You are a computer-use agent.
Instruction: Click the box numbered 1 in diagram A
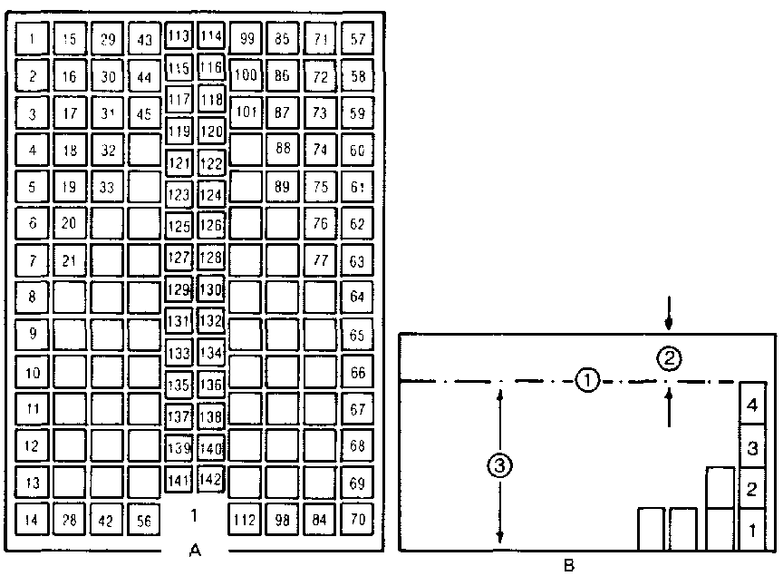pos(33,39)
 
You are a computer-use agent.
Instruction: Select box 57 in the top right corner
pos(358,39)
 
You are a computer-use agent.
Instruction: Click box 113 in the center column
pos(179,37)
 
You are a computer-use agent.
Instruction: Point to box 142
pos(210,479)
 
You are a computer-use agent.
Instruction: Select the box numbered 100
pos(245,75)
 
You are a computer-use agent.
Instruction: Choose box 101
pos(245,113)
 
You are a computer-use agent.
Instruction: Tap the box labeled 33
pos(108,188)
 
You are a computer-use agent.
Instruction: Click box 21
pos(70,261)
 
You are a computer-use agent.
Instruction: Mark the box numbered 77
pos(320,261)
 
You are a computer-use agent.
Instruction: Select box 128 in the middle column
pos(210,258)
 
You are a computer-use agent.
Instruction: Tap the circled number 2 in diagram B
pos(669,359)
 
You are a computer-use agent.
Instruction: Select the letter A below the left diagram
pos(193,549)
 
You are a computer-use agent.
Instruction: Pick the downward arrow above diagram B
pos(669,317)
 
